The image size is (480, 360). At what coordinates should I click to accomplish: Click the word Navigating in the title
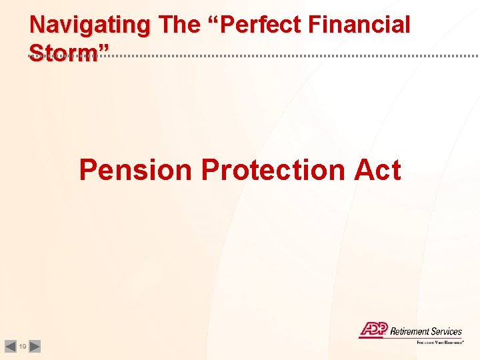pyautogui.click(x=90, y=25)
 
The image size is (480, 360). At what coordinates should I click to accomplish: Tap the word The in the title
pyautogui.click(x=181, y=25)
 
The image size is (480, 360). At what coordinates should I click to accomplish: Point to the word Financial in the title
pyautogui.click(x=365, y=25)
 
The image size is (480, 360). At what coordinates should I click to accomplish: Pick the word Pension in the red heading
pyautogui.click(x=135, y=170)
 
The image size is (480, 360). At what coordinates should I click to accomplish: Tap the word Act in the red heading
pyautogui.click(x=377, y=170)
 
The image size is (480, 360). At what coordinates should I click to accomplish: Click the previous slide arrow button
pyautogui.click(x=10, y=346)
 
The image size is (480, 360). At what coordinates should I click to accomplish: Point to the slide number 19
pyautogui.click(x=23, y=347)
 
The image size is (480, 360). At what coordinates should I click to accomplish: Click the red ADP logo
pyautogui.click(x=373, y=329)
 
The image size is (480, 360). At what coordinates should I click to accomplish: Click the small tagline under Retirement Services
pyautogui.click(x=440, y=342)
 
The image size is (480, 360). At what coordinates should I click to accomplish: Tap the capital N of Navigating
pyautogui.click(x=38, y=25)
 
